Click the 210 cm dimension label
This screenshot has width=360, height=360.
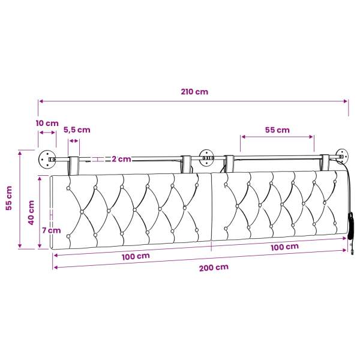point(194,92)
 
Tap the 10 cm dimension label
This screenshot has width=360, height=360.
point(47,123)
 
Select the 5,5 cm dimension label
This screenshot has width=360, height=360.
point(77,130)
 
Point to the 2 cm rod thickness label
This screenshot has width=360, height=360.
point(121,159)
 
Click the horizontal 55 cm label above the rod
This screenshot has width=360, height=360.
point(277,130)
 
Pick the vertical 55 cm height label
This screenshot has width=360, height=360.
point(9,198)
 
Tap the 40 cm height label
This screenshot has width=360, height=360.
point(31,212)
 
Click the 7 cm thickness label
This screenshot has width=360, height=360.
point(52,230)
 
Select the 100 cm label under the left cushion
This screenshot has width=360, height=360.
point(136,256)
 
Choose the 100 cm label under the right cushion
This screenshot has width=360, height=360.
point(284,247)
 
